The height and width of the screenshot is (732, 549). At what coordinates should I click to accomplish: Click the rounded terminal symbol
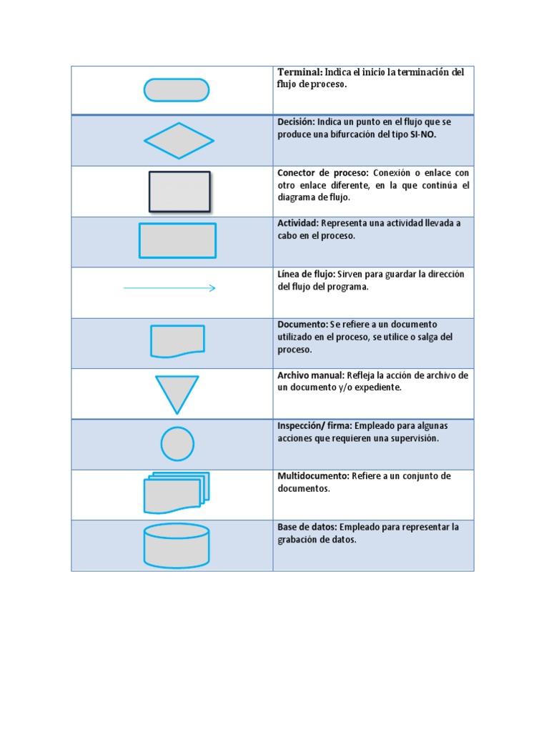pyautogui.click(x=177, y=90)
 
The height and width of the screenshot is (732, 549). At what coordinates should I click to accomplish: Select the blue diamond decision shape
pyautogui.click(x=179, y=140)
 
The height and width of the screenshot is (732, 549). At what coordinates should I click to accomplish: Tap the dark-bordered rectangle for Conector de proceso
pyautogui.click(x=179, y=191)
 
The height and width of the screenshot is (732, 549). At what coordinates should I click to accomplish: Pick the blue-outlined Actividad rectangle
pyautogui.click(x=177, y=240)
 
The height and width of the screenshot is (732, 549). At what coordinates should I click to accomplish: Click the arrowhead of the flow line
pyautogui.click(x=212, y=288)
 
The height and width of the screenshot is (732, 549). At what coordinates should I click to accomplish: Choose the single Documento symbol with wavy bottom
pyautogui.click(x=177, y=341)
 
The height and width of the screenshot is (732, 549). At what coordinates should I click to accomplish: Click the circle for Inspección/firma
pyautogui.click(x=177, y=444)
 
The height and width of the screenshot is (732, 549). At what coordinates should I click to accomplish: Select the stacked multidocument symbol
pyautogui.click(x=176, y=493)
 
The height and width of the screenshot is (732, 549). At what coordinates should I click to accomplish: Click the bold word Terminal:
pyautogui.click(x=300, y=72)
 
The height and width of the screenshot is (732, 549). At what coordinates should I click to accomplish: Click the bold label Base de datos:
pyautogui.click(x=307, y=527)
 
